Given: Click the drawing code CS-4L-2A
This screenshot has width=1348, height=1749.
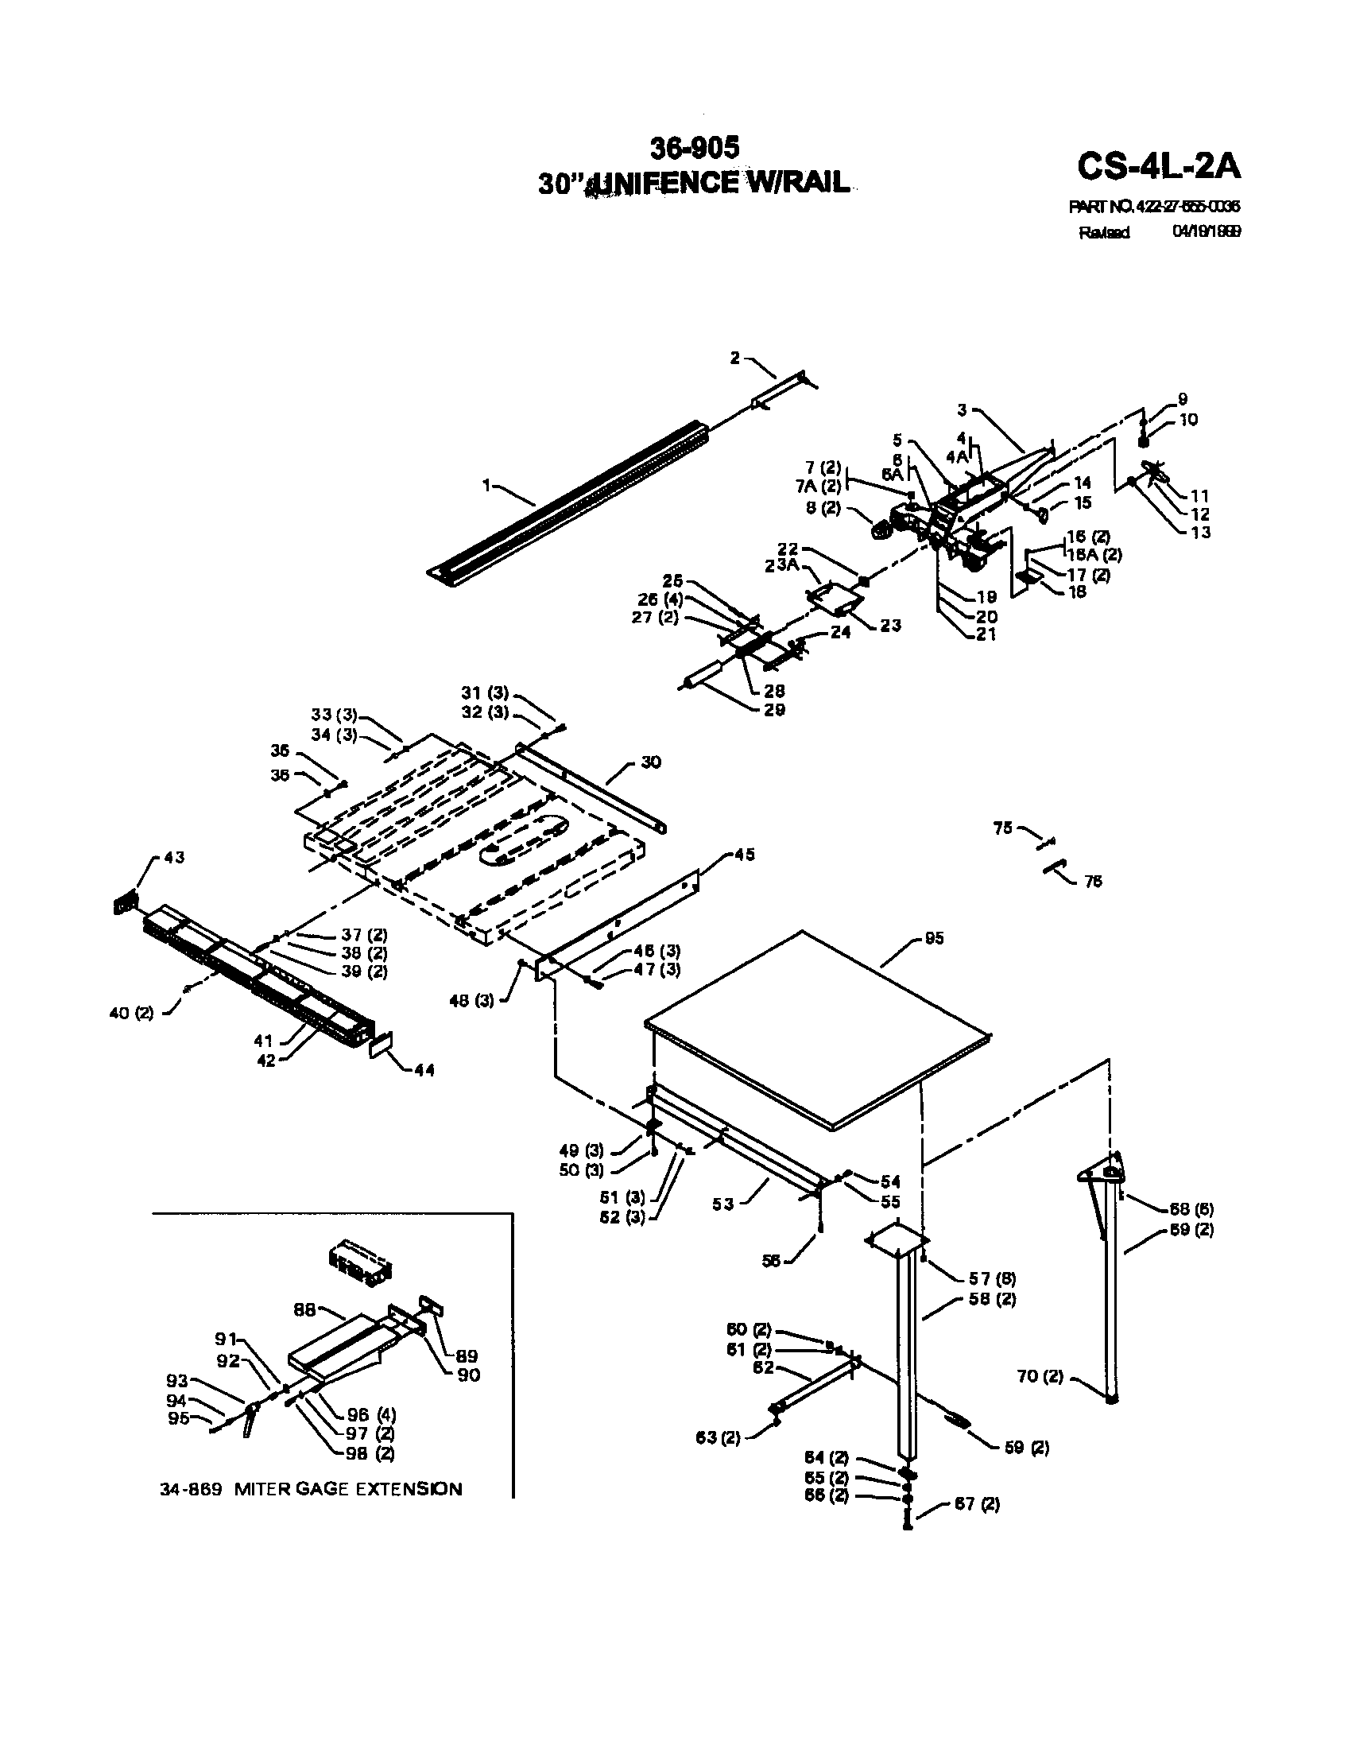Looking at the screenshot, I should pyautogui.click(x=1158, y=168).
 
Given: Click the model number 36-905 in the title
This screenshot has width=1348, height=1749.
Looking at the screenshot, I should pyautogui.click(x=694, y=147).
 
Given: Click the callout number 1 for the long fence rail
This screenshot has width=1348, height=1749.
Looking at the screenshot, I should pyautogui.click(x=486, y=484).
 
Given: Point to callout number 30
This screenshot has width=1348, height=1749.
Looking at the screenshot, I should pyautogui.click(x=651, y=762).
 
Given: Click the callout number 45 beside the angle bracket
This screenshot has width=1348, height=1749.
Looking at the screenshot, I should pyautogui.click(x=744, y=855).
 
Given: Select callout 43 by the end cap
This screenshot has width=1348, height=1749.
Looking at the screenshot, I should pyautogui.click(x=174, y=857).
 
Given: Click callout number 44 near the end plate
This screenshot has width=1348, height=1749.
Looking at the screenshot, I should pyautogui.click(x=424, y=1070).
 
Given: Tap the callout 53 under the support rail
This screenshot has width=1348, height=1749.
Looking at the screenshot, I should pyautogui.click(x=722, y=1204).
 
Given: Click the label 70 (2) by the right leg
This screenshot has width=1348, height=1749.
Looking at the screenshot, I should pyautogui.click(x=1040, y=1377).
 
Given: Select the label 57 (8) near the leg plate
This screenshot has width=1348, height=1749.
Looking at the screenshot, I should pyautogui.click(x=993, y=1278).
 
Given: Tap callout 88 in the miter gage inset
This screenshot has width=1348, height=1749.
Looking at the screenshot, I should pyautogui.click(x=305, y=1312).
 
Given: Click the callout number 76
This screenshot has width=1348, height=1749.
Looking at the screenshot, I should pyautogui.click(x=1093, y=881).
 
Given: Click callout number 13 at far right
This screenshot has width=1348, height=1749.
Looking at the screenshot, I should pyautogui.click(x=1201, y=532).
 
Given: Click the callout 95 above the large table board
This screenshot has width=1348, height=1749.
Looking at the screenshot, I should pyautogui.click(x=934, y=938).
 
